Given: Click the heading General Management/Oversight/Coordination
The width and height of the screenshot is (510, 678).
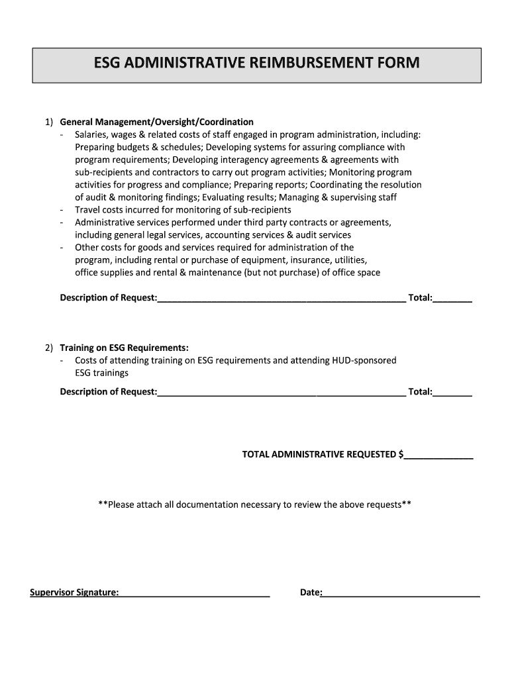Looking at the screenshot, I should (x=156, y=122).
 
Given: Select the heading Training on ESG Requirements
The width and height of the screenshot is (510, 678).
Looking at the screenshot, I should (x=124, y=348).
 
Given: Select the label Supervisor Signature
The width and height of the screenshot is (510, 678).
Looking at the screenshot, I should (x=74, y=592).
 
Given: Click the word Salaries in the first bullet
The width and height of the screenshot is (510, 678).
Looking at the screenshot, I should (x=92, y=134).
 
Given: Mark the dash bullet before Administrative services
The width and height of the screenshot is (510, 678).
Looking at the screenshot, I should (x=62, y=222).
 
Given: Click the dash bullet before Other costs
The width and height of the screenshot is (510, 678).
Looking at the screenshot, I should (x=62, y=248).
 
